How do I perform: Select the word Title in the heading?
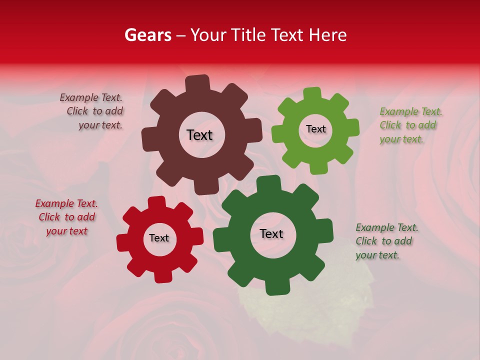tap(248, 35)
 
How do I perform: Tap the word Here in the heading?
tap(327, 35)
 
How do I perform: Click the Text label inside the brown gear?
tap(199, 135)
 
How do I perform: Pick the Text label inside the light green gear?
tap(315, 129)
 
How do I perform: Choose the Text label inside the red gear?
tap(159, 238)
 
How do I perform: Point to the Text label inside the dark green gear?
tap(271, 233)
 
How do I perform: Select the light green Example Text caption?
tap(410, 125)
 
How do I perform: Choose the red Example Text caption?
tap(66, 217)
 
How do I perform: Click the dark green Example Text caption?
tap(386, 241)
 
